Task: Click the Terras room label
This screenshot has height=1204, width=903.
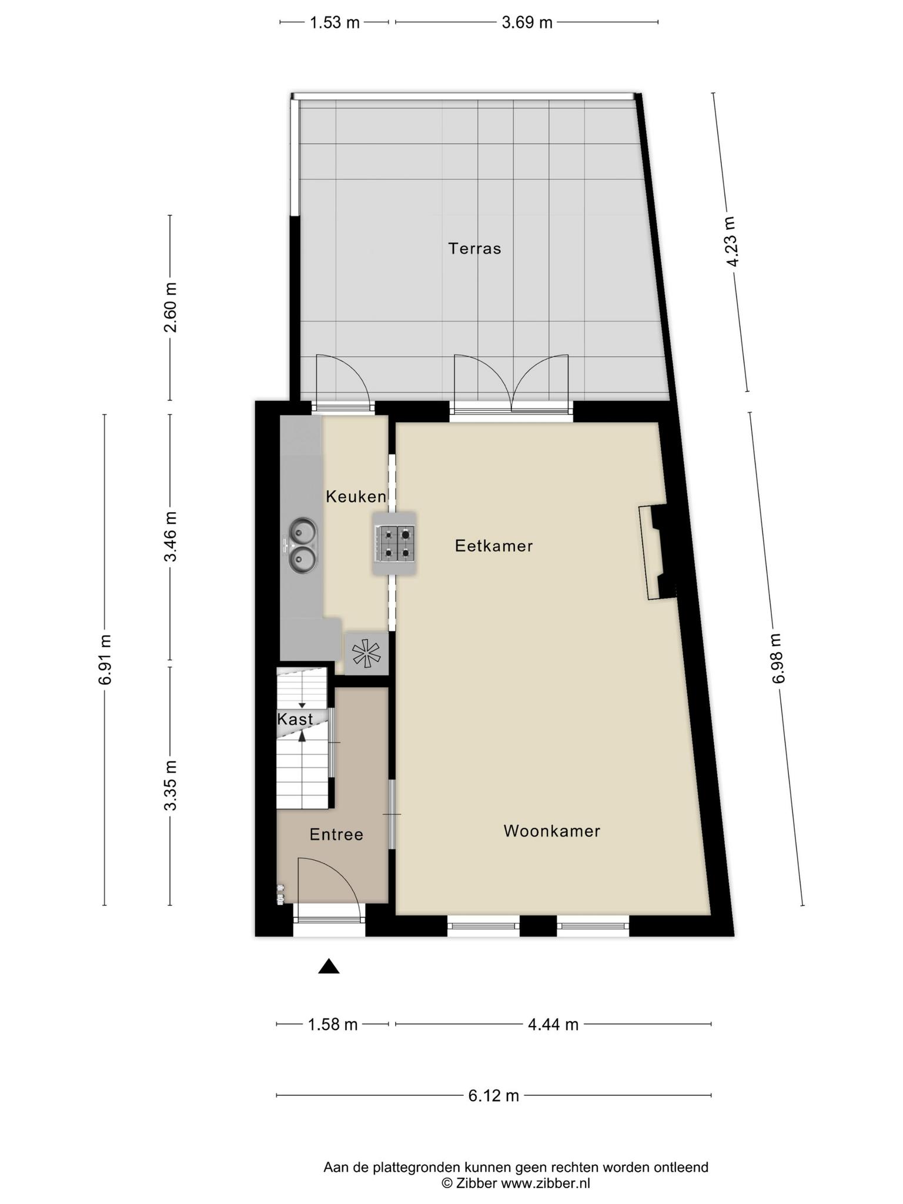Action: (x=474, y=249)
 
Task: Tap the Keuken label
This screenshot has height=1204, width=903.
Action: (x=356, y=497)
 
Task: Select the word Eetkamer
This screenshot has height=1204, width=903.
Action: (x=494, y=546)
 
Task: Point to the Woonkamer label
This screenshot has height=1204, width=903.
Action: (x=551, y=831)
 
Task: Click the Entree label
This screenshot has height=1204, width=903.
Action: (x=336, y=834)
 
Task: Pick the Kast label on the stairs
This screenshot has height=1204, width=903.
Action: (x=295, y=719)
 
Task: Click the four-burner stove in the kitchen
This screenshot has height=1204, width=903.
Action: (x=394, y=543)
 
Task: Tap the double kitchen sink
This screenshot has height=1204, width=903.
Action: (x=303, y=545)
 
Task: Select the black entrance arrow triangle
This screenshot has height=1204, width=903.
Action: (x=329, y=966)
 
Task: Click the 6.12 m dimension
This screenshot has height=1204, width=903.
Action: (x=494, y=1095)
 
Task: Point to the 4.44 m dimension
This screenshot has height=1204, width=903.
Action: (x=553, y=1025)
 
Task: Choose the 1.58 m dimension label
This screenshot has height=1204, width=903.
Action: (x=333, y=1025)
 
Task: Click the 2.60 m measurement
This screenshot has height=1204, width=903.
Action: (x=170, y=307)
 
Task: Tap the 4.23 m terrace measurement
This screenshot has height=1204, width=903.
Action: (x=731, y=242)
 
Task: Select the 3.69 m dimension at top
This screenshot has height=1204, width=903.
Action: (x=527, y=23)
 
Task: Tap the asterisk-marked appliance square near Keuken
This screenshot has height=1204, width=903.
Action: (x=366, y=653)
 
